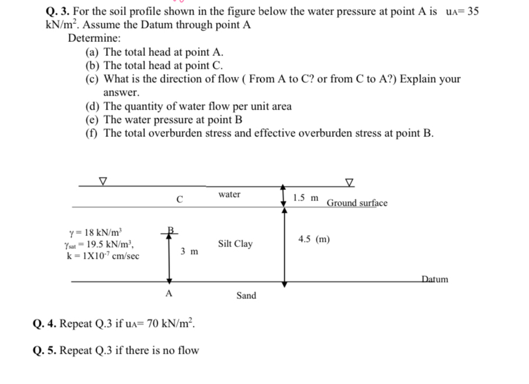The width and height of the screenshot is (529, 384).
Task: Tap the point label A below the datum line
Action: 169,294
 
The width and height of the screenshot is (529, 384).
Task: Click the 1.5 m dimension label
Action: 306,198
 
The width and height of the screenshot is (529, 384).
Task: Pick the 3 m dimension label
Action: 189,252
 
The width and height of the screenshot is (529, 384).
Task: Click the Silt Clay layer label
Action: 235,244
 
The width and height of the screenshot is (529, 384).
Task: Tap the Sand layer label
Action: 246,295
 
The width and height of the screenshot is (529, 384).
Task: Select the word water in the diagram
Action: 230,194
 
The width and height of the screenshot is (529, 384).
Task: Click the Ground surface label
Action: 357,203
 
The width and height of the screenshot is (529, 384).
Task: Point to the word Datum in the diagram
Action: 435,279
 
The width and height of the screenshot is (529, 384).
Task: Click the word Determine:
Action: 94,38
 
